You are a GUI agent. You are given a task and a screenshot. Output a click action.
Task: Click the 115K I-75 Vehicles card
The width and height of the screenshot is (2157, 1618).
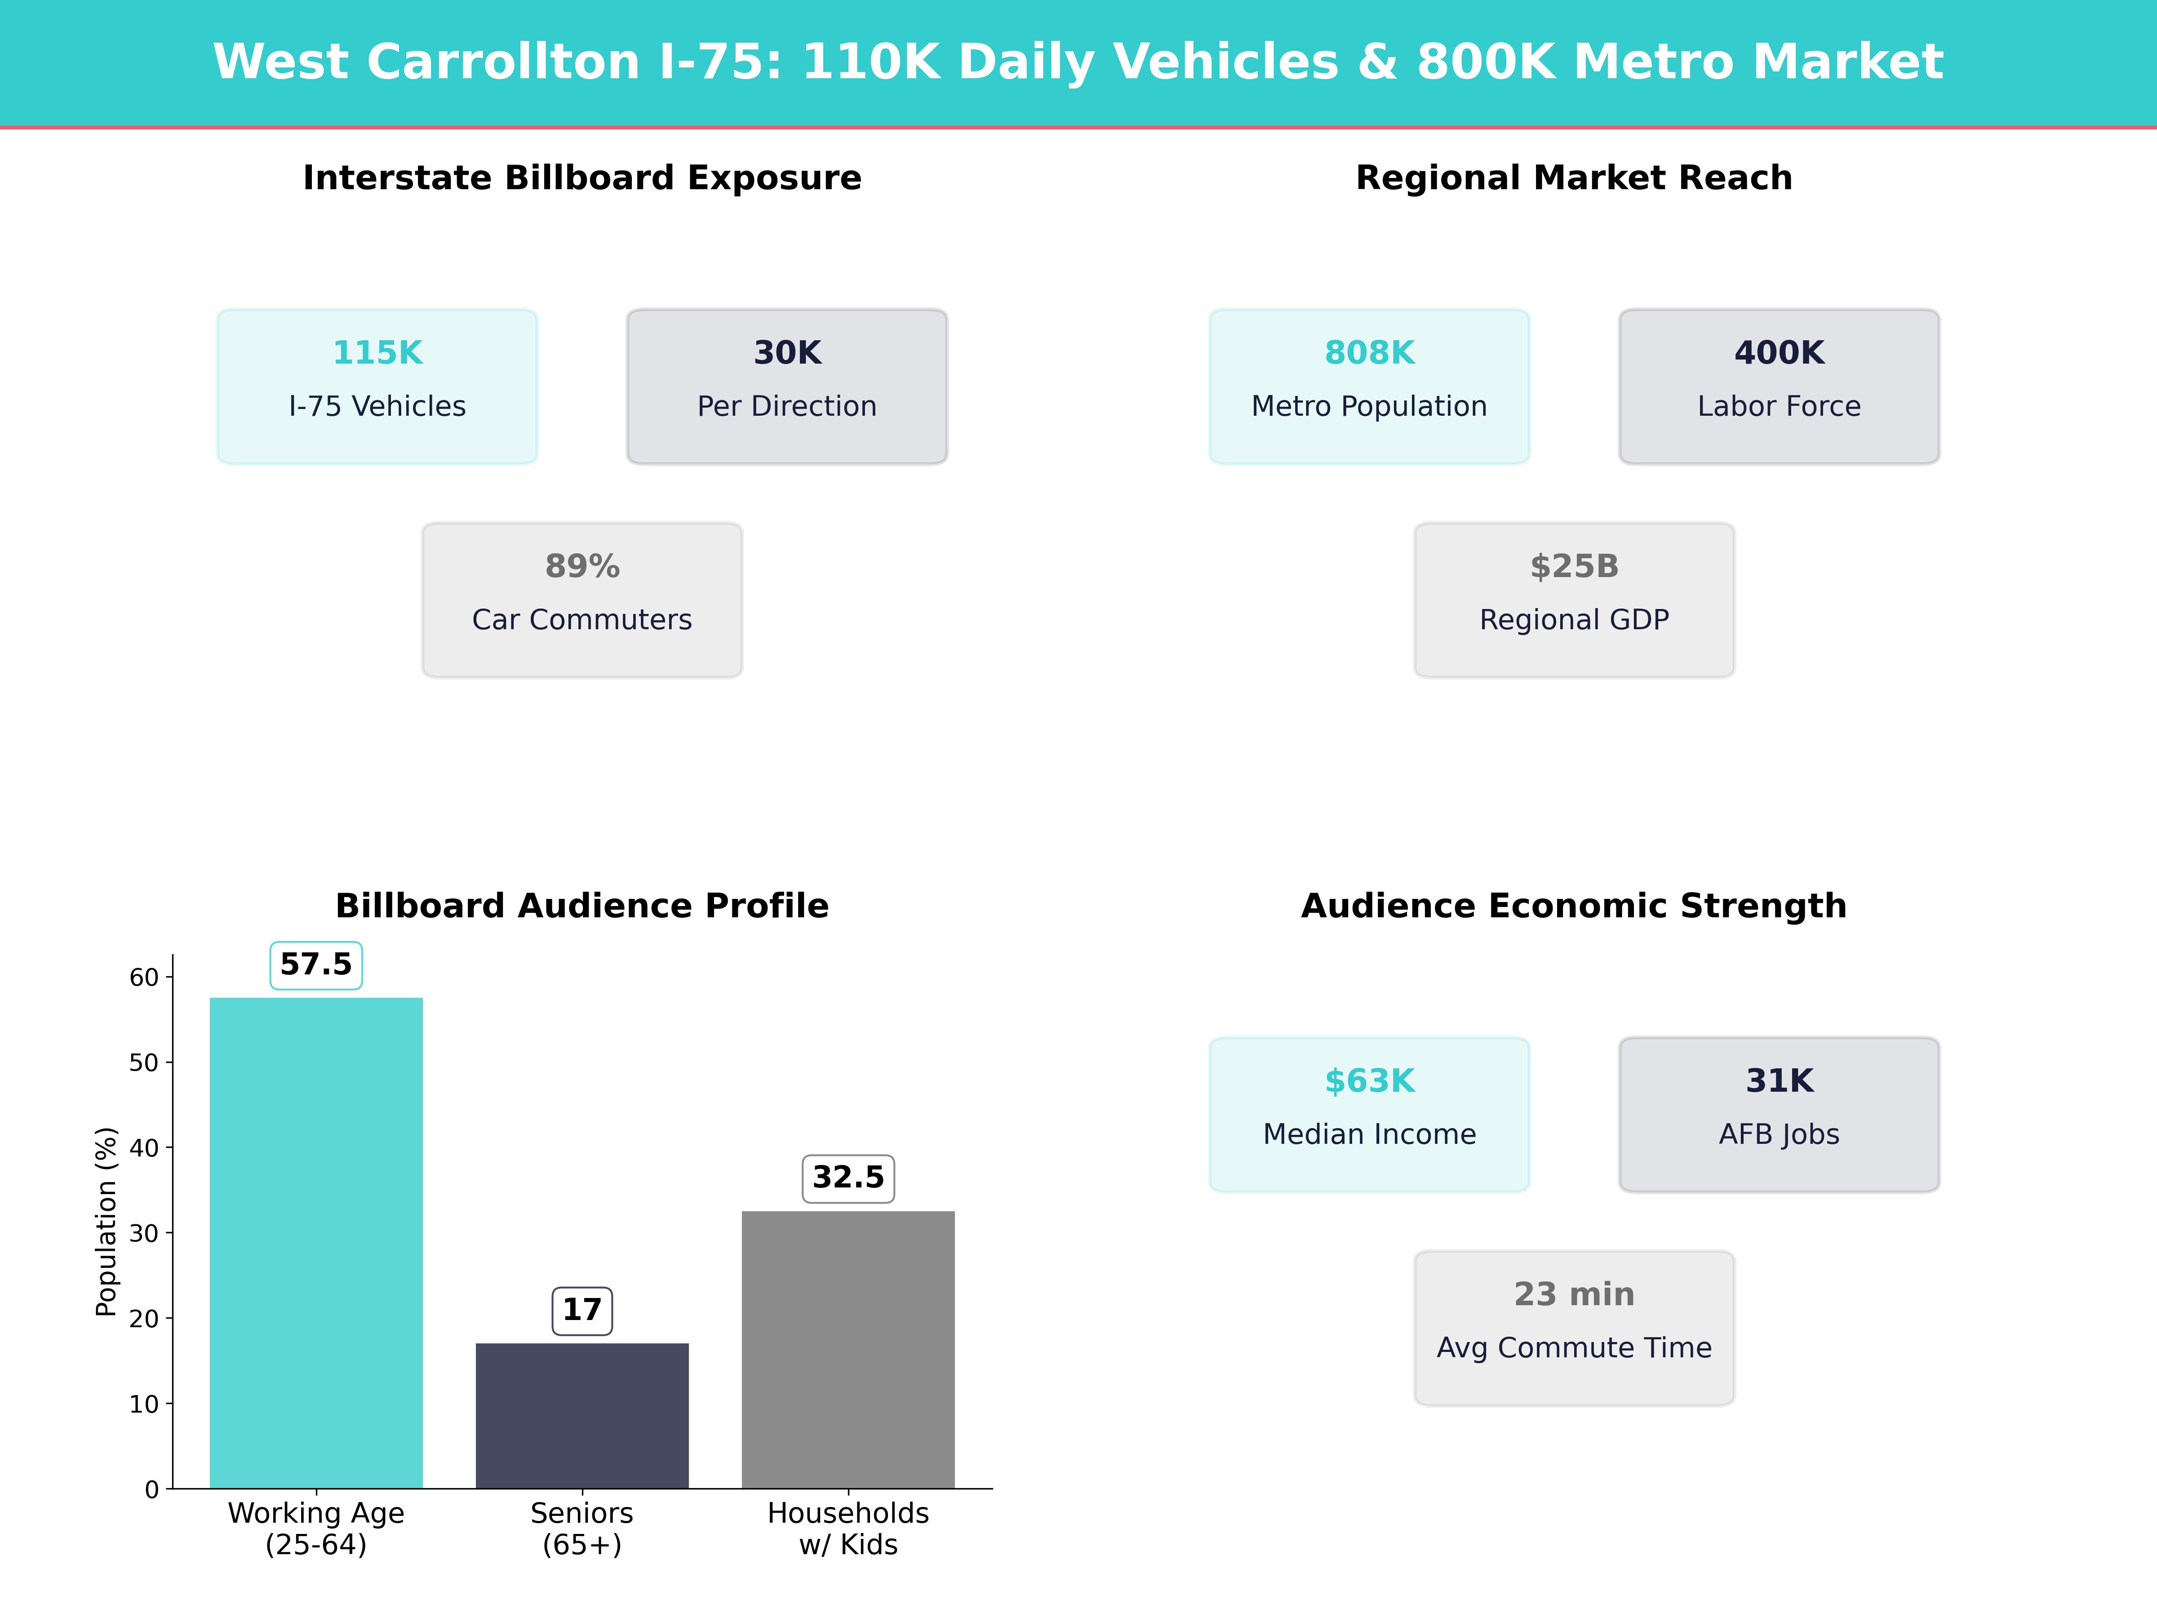coord(377,386)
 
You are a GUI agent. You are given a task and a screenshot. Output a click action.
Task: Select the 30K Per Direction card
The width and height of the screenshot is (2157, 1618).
coord(787,386)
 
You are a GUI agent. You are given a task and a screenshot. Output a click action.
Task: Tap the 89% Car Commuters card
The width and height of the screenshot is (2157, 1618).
coord(582,600)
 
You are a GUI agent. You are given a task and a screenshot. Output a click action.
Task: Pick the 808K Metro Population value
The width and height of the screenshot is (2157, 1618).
coord(1369,353)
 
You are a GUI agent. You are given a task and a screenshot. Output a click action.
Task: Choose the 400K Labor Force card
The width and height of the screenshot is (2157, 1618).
coord(1779,386)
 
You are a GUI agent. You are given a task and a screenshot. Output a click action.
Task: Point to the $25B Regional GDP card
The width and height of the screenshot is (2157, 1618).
coord(1574,600)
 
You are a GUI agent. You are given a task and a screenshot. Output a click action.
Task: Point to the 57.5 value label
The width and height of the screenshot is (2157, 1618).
coord(316,965)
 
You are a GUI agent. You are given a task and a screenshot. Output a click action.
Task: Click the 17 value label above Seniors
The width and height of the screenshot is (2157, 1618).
coord(582,1310)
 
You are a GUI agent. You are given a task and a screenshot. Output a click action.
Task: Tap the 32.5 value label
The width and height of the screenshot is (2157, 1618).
coord(848,1177)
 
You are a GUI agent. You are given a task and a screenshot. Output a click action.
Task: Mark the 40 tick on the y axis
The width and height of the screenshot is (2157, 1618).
coord(144,1148)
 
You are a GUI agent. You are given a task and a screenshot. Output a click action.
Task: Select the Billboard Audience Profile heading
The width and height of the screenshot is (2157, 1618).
coord(582,906)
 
